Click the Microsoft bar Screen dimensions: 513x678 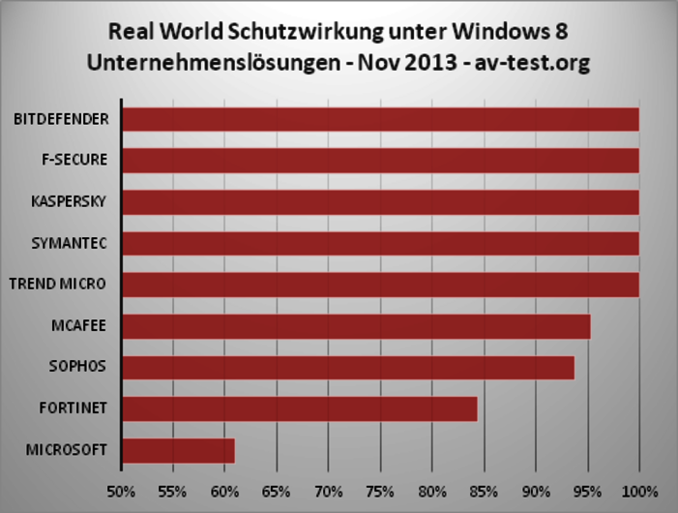pos(178,451)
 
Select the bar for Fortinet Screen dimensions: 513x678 pos(300,409)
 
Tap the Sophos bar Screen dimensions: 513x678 pos(348,368)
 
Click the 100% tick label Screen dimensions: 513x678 pos(639,490)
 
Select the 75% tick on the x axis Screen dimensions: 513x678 pos(380,490)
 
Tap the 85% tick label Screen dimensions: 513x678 pos(484,490)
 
